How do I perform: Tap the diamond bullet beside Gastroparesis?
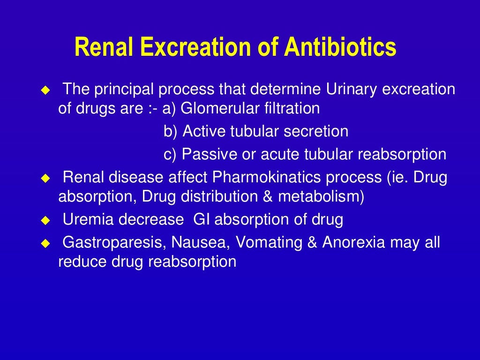coord(45,243)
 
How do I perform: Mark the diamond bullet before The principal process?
coord(45,89)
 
